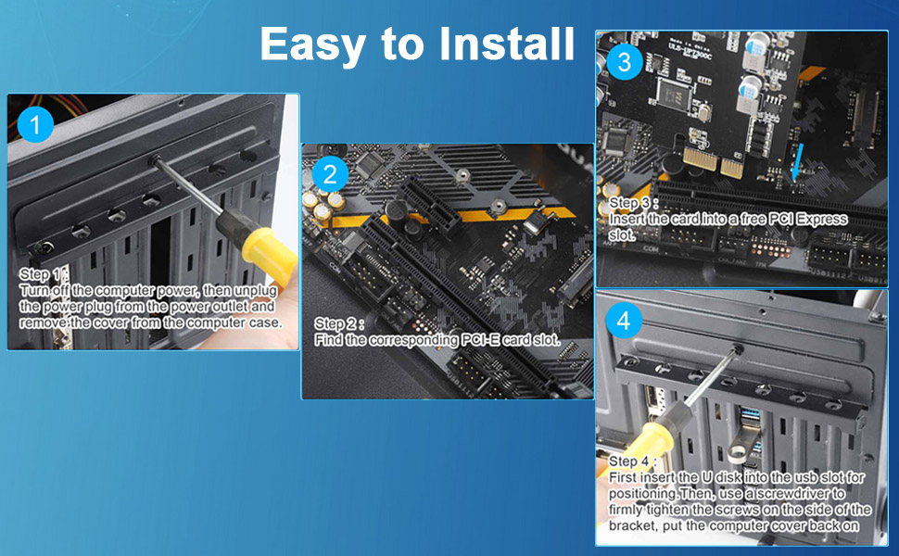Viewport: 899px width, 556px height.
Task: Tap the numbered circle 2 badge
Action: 329,173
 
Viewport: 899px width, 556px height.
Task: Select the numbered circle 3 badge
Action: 624,62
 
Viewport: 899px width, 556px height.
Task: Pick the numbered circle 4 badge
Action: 623,321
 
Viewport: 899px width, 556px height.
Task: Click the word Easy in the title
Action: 319,44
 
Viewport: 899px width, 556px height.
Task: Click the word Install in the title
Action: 500,44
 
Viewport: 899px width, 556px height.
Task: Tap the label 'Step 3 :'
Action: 634,203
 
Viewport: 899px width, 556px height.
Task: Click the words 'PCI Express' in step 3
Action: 807,220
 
